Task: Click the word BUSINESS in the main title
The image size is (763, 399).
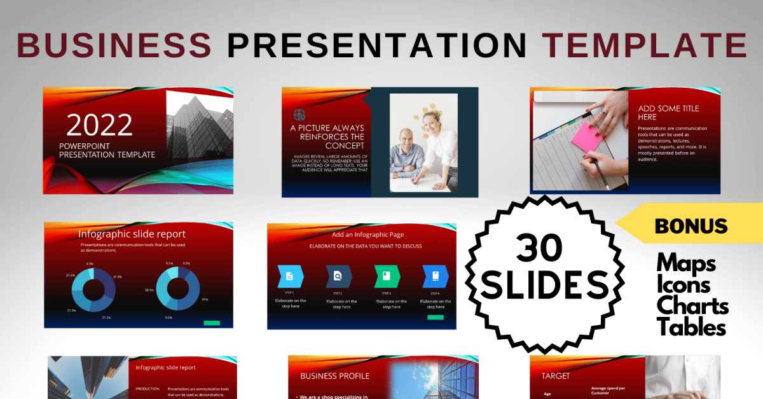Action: (114, 45)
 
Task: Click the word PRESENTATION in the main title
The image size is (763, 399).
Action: (377, 45)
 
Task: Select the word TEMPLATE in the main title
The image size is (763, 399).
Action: (644, 45)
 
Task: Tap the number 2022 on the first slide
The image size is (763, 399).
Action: (99, 125)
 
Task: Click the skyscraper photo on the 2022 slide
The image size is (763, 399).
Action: (198, 124)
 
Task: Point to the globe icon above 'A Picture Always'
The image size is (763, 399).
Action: (299, 115)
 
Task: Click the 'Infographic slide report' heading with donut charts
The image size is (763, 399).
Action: (132, 234)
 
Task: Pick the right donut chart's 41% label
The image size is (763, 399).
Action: (205, 299)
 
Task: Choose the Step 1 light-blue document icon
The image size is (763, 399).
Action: (290, 276)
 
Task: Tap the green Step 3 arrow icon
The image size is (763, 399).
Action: (387, 276)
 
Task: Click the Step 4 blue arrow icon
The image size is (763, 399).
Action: (436, 276)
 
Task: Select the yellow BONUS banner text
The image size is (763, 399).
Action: (691, 226)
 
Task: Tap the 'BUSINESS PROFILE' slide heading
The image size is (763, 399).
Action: (334, 376)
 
